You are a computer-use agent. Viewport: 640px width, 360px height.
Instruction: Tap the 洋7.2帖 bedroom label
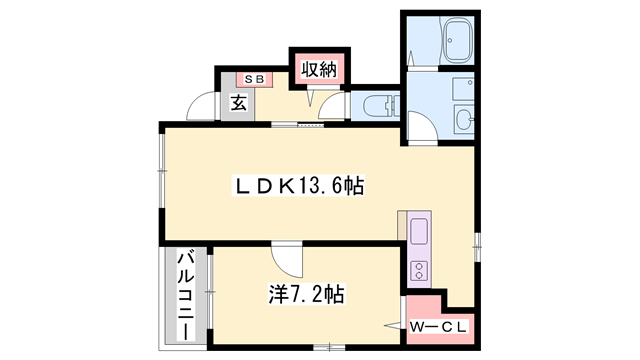coord(306,294)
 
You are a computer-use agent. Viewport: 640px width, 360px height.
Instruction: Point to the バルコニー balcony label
coord(186,290)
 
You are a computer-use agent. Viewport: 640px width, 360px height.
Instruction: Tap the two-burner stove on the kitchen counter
coord(419,269)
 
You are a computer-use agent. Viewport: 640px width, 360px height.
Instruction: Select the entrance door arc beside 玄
coord(204,105)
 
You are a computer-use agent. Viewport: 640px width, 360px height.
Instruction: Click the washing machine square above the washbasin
coord(462,87)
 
